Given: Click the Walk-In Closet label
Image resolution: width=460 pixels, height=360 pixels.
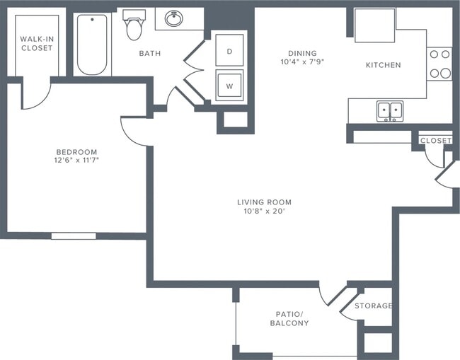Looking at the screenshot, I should click(36, 43).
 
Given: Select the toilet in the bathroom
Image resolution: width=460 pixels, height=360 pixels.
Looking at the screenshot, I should click(133, 25).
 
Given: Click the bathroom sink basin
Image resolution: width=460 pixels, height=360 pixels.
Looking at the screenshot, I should click(174, 18).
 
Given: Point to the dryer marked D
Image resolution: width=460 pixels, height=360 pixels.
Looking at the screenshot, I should click(229, 51).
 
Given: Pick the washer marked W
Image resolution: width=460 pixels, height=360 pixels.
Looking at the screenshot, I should click(229, 86).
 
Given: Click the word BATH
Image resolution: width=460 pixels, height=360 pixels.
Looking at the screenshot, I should click(149, 54).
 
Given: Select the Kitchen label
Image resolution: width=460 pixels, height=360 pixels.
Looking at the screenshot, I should click(383, 65).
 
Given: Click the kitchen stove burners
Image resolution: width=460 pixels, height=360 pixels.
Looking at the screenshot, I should click(439, 64).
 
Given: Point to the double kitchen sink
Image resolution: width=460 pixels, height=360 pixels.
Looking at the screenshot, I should click(389, 110).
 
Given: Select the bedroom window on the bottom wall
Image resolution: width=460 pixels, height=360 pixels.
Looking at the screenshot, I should click(74, 236).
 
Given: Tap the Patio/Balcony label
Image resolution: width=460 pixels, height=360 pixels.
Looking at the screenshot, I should click(289, 318).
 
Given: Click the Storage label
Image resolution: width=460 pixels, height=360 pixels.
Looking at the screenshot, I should click(373, 306).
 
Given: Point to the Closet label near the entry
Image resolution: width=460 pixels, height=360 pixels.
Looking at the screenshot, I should click(435, 141).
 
